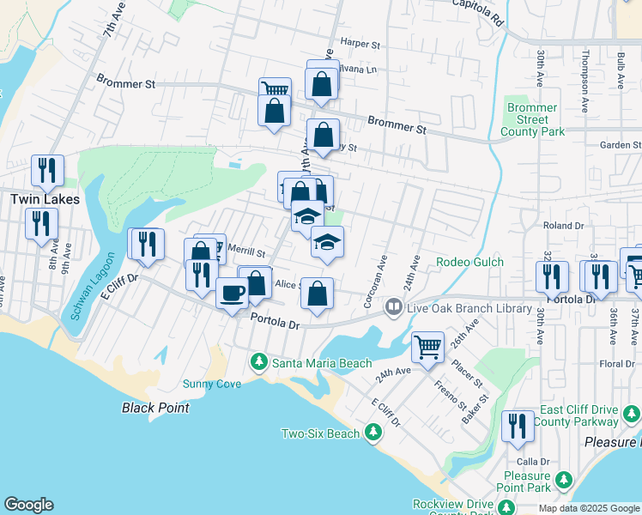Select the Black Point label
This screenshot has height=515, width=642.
(x=155, y=408)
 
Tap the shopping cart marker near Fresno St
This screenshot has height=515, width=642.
(x=427, y=348)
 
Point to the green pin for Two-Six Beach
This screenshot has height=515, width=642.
(x=372, y=433)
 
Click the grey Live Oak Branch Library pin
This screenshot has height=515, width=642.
(x=393, y=306)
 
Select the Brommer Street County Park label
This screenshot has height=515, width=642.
(x=532, y=120)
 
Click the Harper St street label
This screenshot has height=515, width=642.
(x=360, y=42)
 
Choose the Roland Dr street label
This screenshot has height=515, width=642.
(x=563, y=226)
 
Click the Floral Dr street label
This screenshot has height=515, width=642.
(x=617, y=364)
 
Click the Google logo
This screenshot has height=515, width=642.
(x=28, y=505)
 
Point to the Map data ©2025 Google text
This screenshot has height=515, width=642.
(x=588, y=508)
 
